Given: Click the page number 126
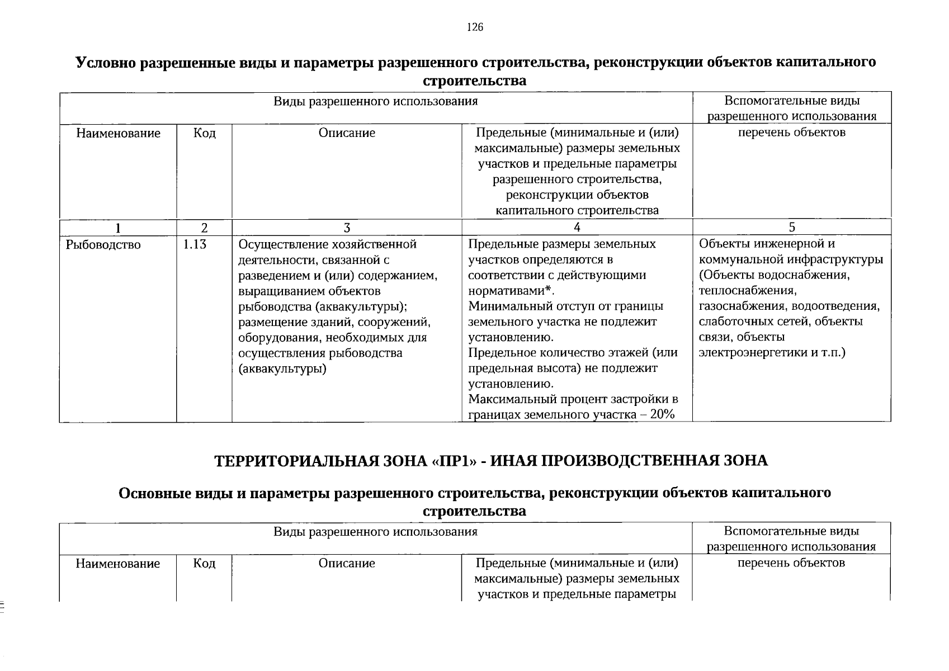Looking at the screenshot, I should (475, 27).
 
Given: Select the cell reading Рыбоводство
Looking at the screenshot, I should (103, 245).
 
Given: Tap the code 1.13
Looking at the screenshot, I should (195, 244).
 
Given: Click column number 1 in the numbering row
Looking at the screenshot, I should (118, 228).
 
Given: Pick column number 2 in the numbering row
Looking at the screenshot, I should (204, 228).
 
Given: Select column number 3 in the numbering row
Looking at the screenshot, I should (347, 228).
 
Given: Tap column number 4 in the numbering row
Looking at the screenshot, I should (577, 227).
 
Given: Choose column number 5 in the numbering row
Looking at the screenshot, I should (792, 227).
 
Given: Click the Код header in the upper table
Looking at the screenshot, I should (204, 133).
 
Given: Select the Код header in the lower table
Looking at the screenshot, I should (204, 564).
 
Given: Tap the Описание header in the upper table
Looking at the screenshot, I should (347, 133).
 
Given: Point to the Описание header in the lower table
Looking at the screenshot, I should (347, 564).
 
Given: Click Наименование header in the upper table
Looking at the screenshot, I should (118, 133).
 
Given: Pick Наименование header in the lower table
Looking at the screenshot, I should (118, 564).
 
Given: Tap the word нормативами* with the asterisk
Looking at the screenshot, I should (511, 291).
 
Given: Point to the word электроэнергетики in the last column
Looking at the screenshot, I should (749, 353).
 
